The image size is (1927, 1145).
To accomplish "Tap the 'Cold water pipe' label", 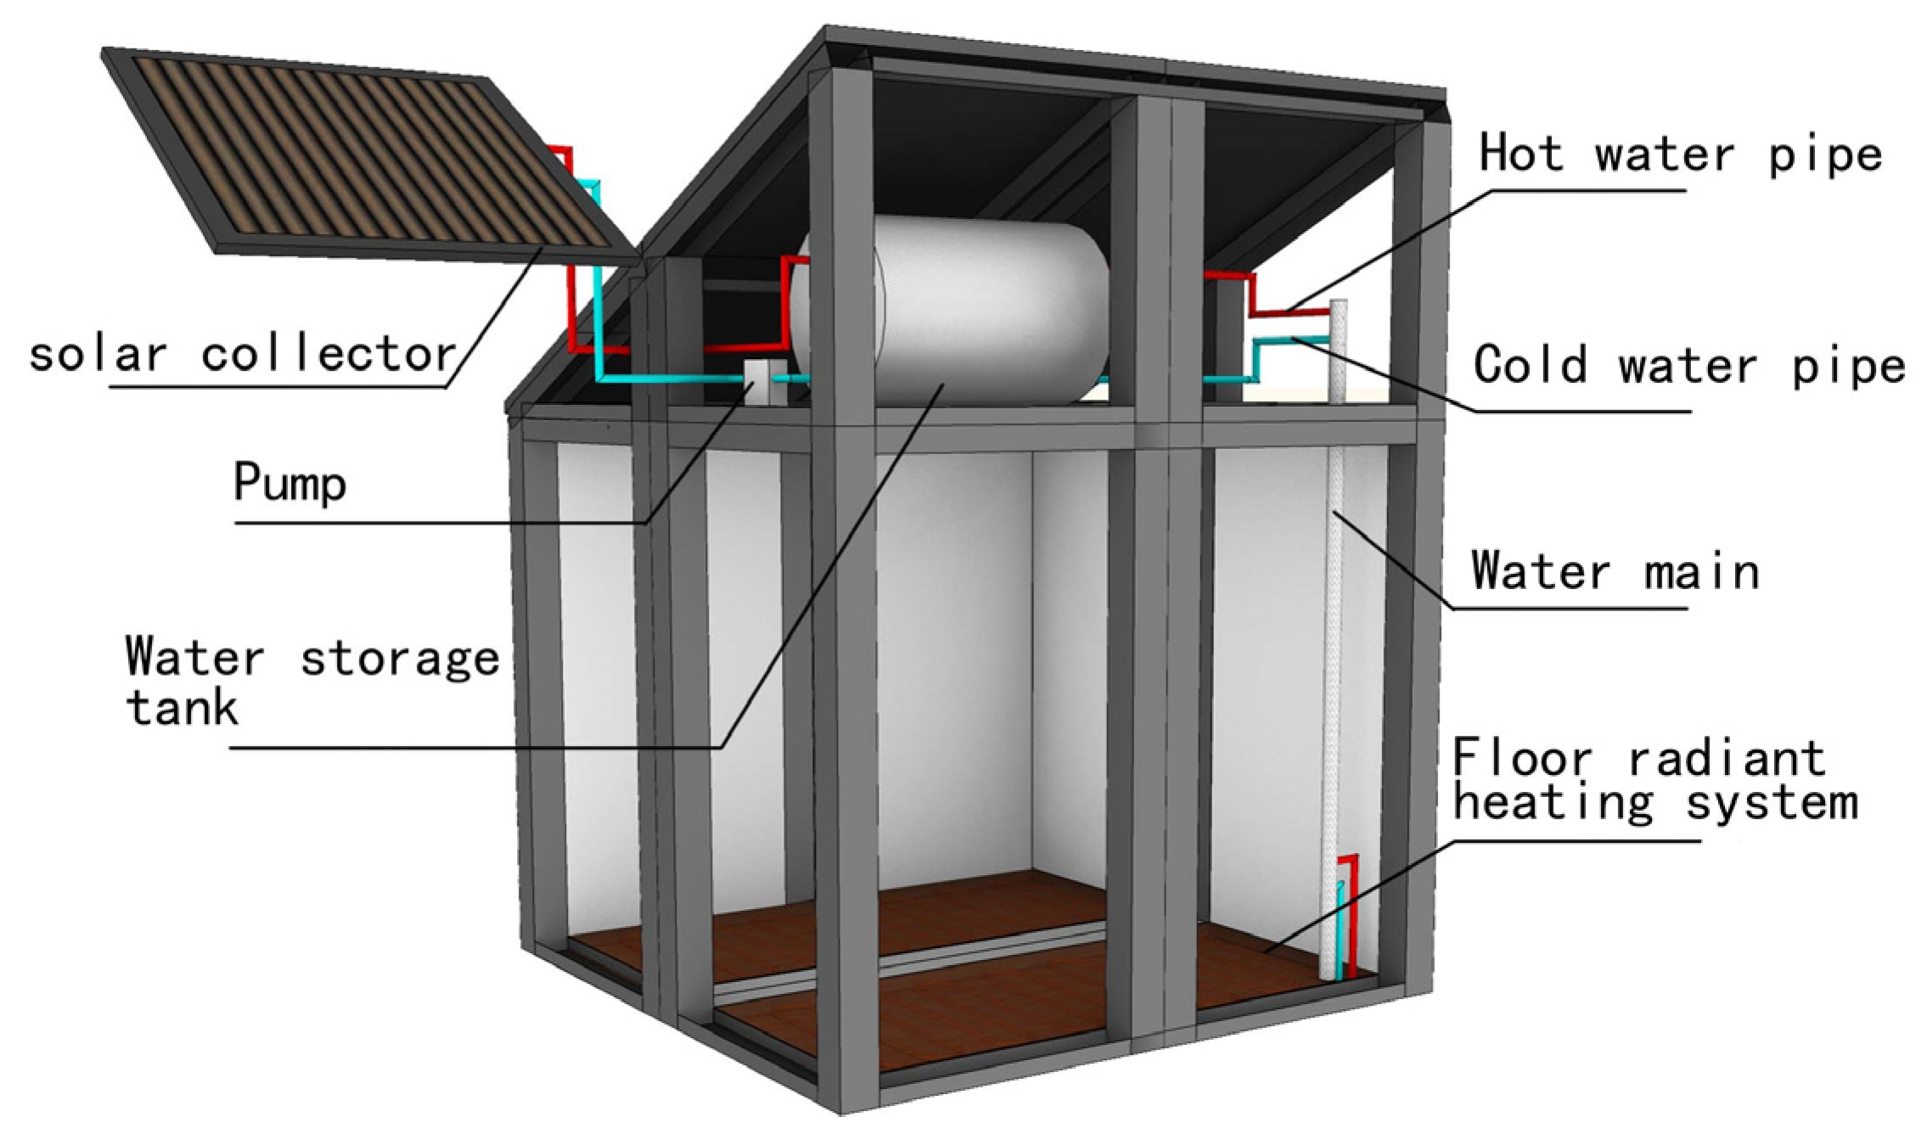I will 1688,365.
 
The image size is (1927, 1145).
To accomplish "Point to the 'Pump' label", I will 289,483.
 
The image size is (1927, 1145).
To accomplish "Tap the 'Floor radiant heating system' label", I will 1654,779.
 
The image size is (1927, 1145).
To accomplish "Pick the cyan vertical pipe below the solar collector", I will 598,323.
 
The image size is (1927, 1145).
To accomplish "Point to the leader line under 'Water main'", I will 1570,609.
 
